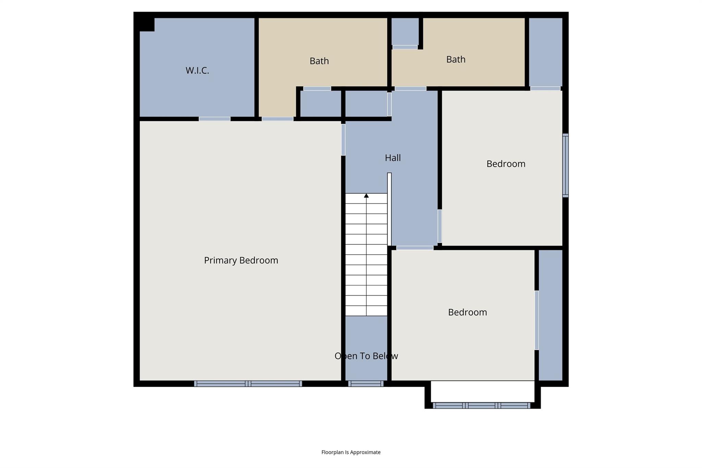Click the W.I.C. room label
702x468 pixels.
tap(197, 71)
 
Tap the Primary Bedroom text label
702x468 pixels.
tap(241, 261)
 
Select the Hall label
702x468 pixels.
tap(392, 158)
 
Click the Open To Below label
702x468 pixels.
tap(366, 356)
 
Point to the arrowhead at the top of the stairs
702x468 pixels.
tap(366, 196)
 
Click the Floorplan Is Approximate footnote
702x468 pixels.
tap(351, 452)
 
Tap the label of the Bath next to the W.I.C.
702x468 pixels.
tap(319, 61)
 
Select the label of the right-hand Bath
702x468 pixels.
tap(456, 60)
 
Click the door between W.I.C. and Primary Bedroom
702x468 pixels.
tap(215, 119)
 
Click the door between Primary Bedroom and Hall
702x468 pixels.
tap(343, 140)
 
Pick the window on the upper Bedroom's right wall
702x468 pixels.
tap(565, 165)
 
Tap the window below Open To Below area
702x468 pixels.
tap(366, 384)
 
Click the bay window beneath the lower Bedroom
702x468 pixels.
tap(482, 406)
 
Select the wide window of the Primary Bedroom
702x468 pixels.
tap(248, 384)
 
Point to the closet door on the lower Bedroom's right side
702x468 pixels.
tap(536, 320)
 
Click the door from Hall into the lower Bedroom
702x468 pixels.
tap(415, 248)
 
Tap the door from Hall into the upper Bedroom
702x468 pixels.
tap(439, 226)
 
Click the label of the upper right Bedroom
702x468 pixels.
tap(506, 164)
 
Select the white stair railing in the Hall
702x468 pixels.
tap(389, 209)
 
